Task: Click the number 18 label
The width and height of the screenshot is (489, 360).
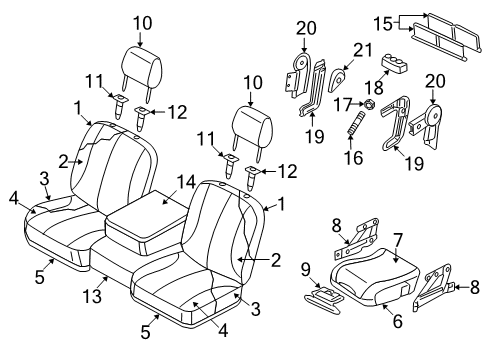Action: coord(378,89)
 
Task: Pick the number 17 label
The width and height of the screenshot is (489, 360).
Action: coord(351,103)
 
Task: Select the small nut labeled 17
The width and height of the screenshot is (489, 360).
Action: coord(369,104)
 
